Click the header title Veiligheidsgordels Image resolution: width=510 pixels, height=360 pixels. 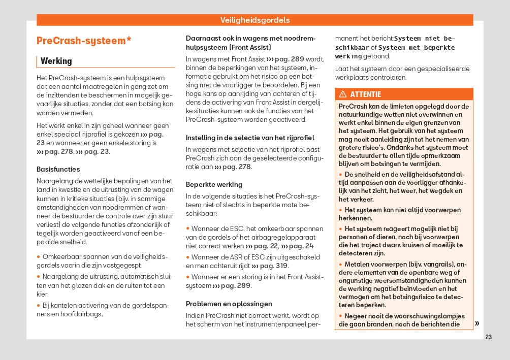coord(255,20)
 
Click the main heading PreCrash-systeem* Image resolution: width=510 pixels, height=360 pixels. coord(84,41)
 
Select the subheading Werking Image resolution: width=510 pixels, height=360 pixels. coord(56,61)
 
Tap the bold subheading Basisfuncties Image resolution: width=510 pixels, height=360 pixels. coord(58,169)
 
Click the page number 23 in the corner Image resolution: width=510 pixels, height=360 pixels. coord(489,337)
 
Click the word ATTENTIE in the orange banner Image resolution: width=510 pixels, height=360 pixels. coord(365,94)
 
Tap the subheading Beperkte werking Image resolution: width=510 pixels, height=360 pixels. coord(214,184)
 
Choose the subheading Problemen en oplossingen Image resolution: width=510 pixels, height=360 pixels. coord(229,304)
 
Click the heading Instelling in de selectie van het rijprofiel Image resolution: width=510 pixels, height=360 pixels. coord(250,138)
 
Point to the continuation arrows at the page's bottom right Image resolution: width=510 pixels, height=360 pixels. coord(477,323)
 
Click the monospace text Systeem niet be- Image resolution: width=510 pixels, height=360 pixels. coord(425,38)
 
